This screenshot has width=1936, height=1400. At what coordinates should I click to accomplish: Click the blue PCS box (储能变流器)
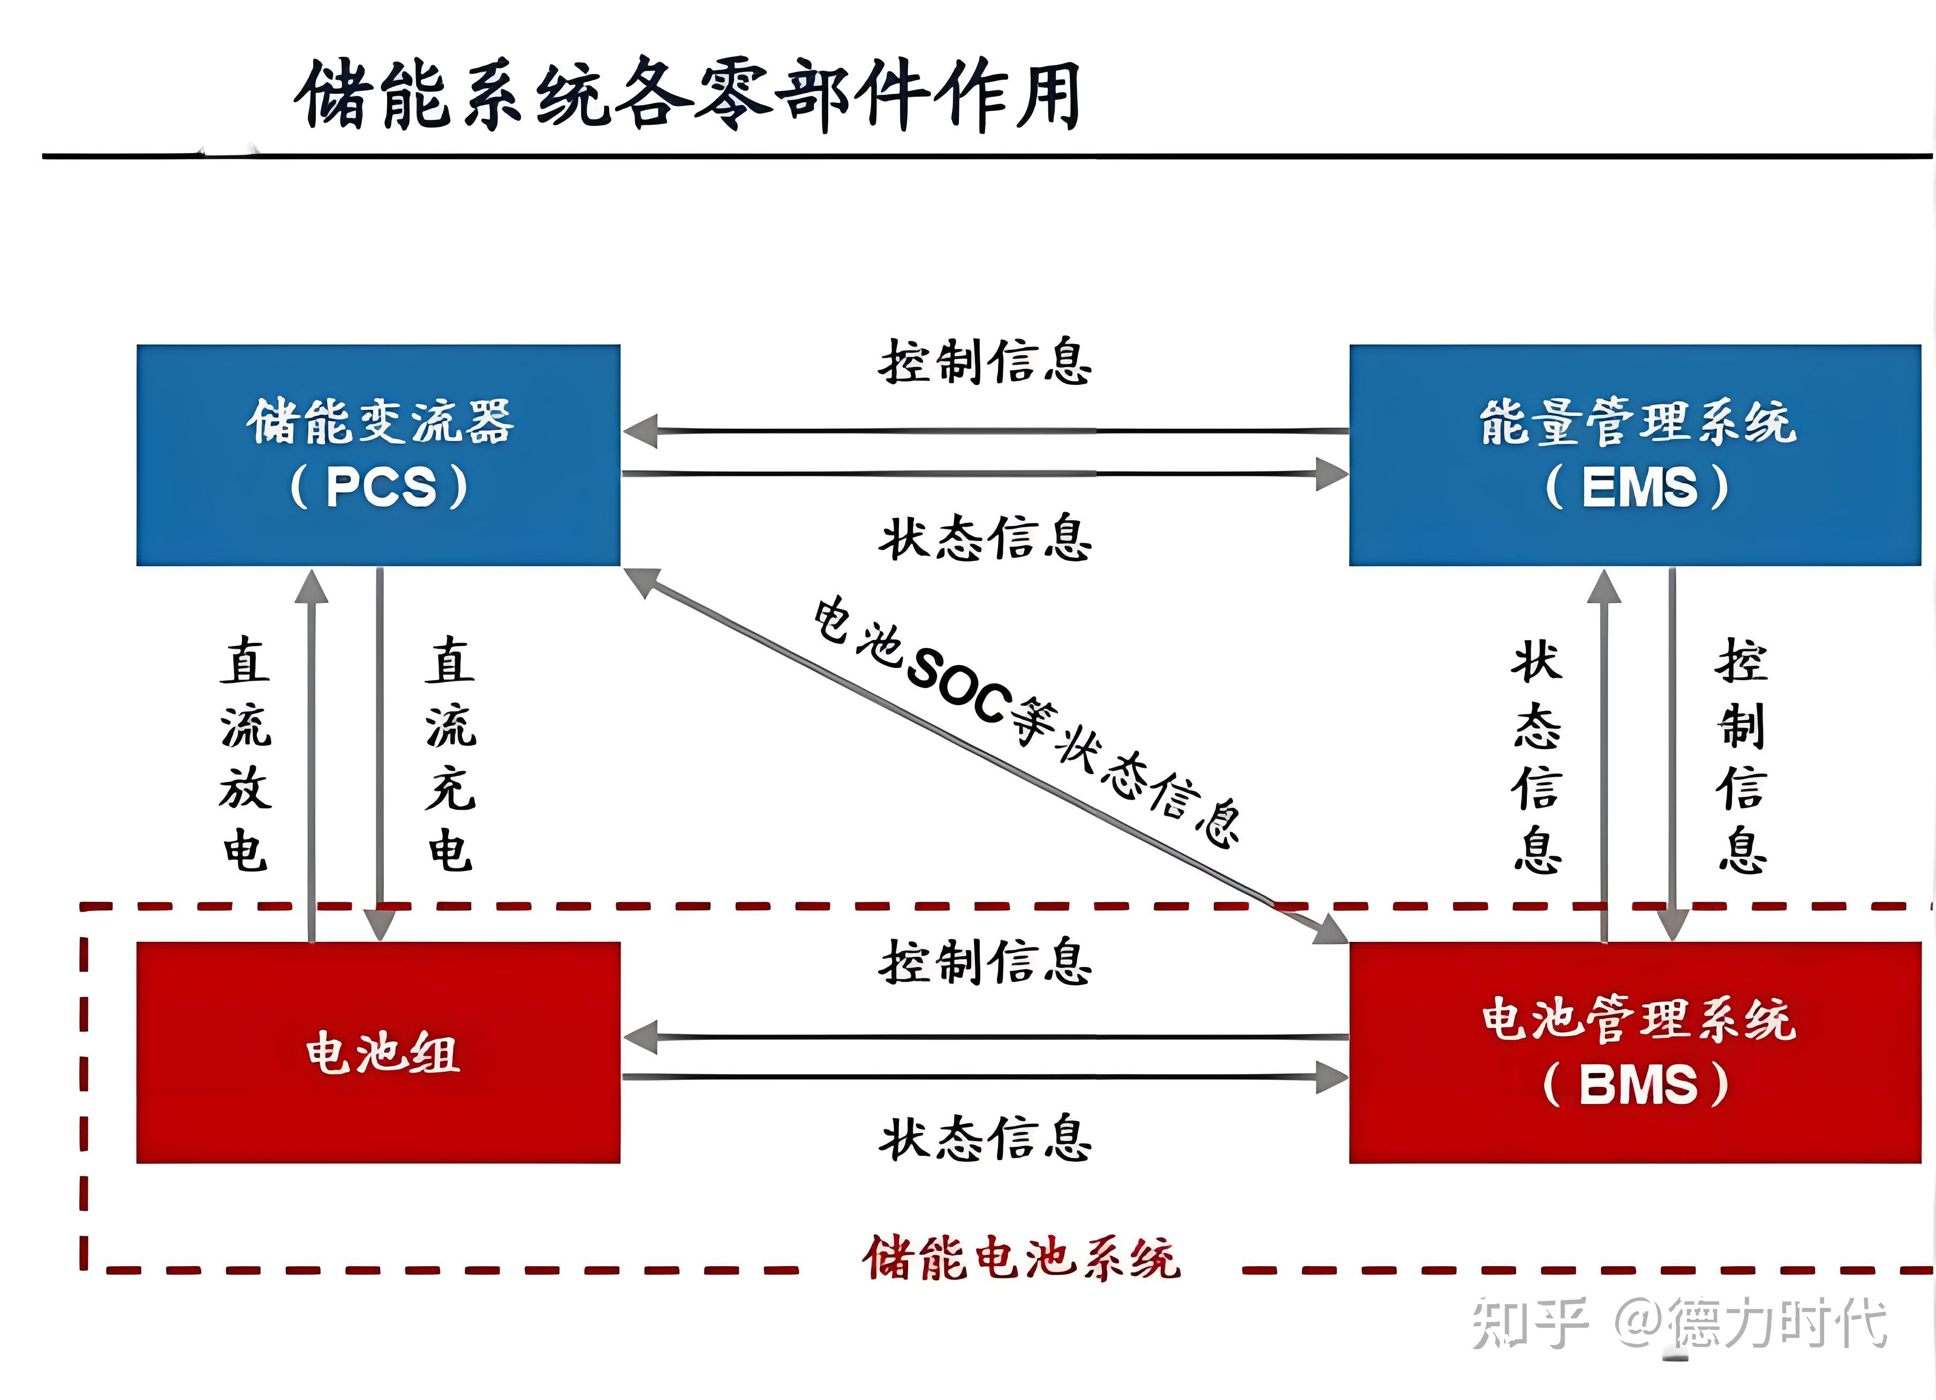(378, 455)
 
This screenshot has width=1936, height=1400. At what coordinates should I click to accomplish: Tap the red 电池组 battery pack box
(378, 1052)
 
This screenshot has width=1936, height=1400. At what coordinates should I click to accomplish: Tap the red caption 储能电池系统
(1021, 1258)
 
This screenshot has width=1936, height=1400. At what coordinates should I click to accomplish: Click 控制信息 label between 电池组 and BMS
(985, 962)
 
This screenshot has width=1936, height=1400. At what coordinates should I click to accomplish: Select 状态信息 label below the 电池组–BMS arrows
(985, 1139)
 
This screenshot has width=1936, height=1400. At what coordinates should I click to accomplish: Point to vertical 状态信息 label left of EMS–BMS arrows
(1537, 758)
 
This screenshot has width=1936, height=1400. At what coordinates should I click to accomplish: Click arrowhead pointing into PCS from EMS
(640, 431)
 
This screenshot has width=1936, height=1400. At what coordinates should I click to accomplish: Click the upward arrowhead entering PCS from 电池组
(312, 587)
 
